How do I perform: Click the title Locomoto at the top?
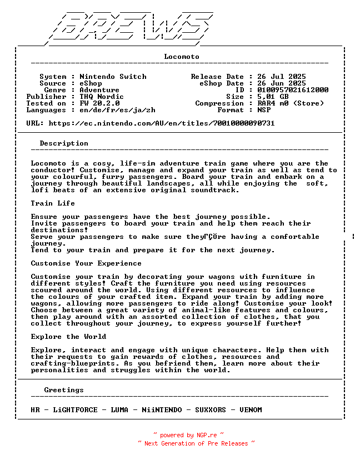pos(182,57)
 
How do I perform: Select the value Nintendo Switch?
pos(113,77)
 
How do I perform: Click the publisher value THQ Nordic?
pos(102,97)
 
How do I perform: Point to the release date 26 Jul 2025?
pos(282,77)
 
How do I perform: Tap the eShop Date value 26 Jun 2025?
pos(282,83)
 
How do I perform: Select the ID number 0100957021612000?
pos(293,90)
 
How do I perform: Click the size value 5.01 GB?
pos(273,97)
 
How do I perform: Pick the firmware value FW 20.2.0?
pos(99,103)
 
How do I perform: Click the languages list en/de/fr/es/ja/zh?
pos(117,110)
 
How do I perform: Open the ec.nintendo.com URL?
pos(161,123)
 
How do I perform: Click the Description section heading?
pos(64,143)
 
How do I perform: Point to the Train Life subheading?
pos(53,203)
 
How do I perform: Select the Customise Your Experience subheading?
pos(86,263)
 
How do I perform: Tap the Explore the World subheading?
pos(68,337)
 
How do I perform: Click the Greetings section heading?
pos(64,390)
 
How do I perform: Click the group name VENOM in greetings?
pos(251,410)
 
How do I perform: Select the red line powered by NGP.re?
pos(188,435)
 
